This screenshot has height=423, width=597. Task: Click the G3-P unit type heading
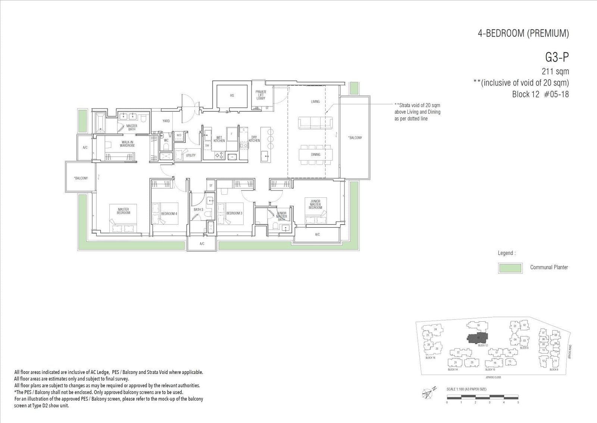(x=557, y=58)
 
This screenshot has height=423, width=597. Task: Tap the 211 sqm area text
(x=555, y=71)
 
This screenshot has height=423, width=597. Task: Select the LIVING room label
(x=315, y=102)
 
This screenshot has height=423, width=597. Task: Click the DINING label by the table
(x=316, y=154)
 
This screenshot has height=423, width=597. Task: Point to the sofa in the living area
(x=315, y=123)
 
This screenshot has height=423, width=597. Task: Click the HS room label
(x=232, y=96)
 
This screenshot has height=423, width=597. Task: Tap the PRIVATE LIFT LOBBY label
(x=261, y=95)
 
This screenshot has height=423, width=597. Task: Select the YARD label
(x=166, y=121)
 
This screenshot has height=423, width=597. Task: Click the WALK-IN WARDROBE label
(x=127, y=143)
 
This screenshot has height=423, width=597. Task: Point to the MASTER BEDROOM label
(x=124, y=211)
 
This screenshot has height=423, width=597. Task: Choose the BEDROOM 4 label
(x=169, y=214)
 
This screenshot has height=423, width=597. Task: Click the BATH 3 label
(x=198, y=210)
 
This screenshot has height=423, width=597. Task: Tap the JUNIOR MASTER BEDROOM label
(x=315, y=204)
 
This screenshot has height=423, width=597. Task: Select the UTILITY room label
(x=191, y=155)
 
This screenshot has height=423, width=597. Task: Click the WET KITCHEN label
(x=219, y=139)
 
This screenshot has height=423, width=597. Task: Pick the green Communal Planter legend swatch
(x=510, y=268)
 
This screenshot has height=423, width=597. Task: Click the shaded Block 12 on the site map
(x=478, y=338)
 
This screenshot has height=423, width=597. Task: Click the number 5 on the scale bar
(x=518, y=402)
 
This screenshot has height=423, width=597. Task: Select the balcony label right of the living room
(x=355, y=138)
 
